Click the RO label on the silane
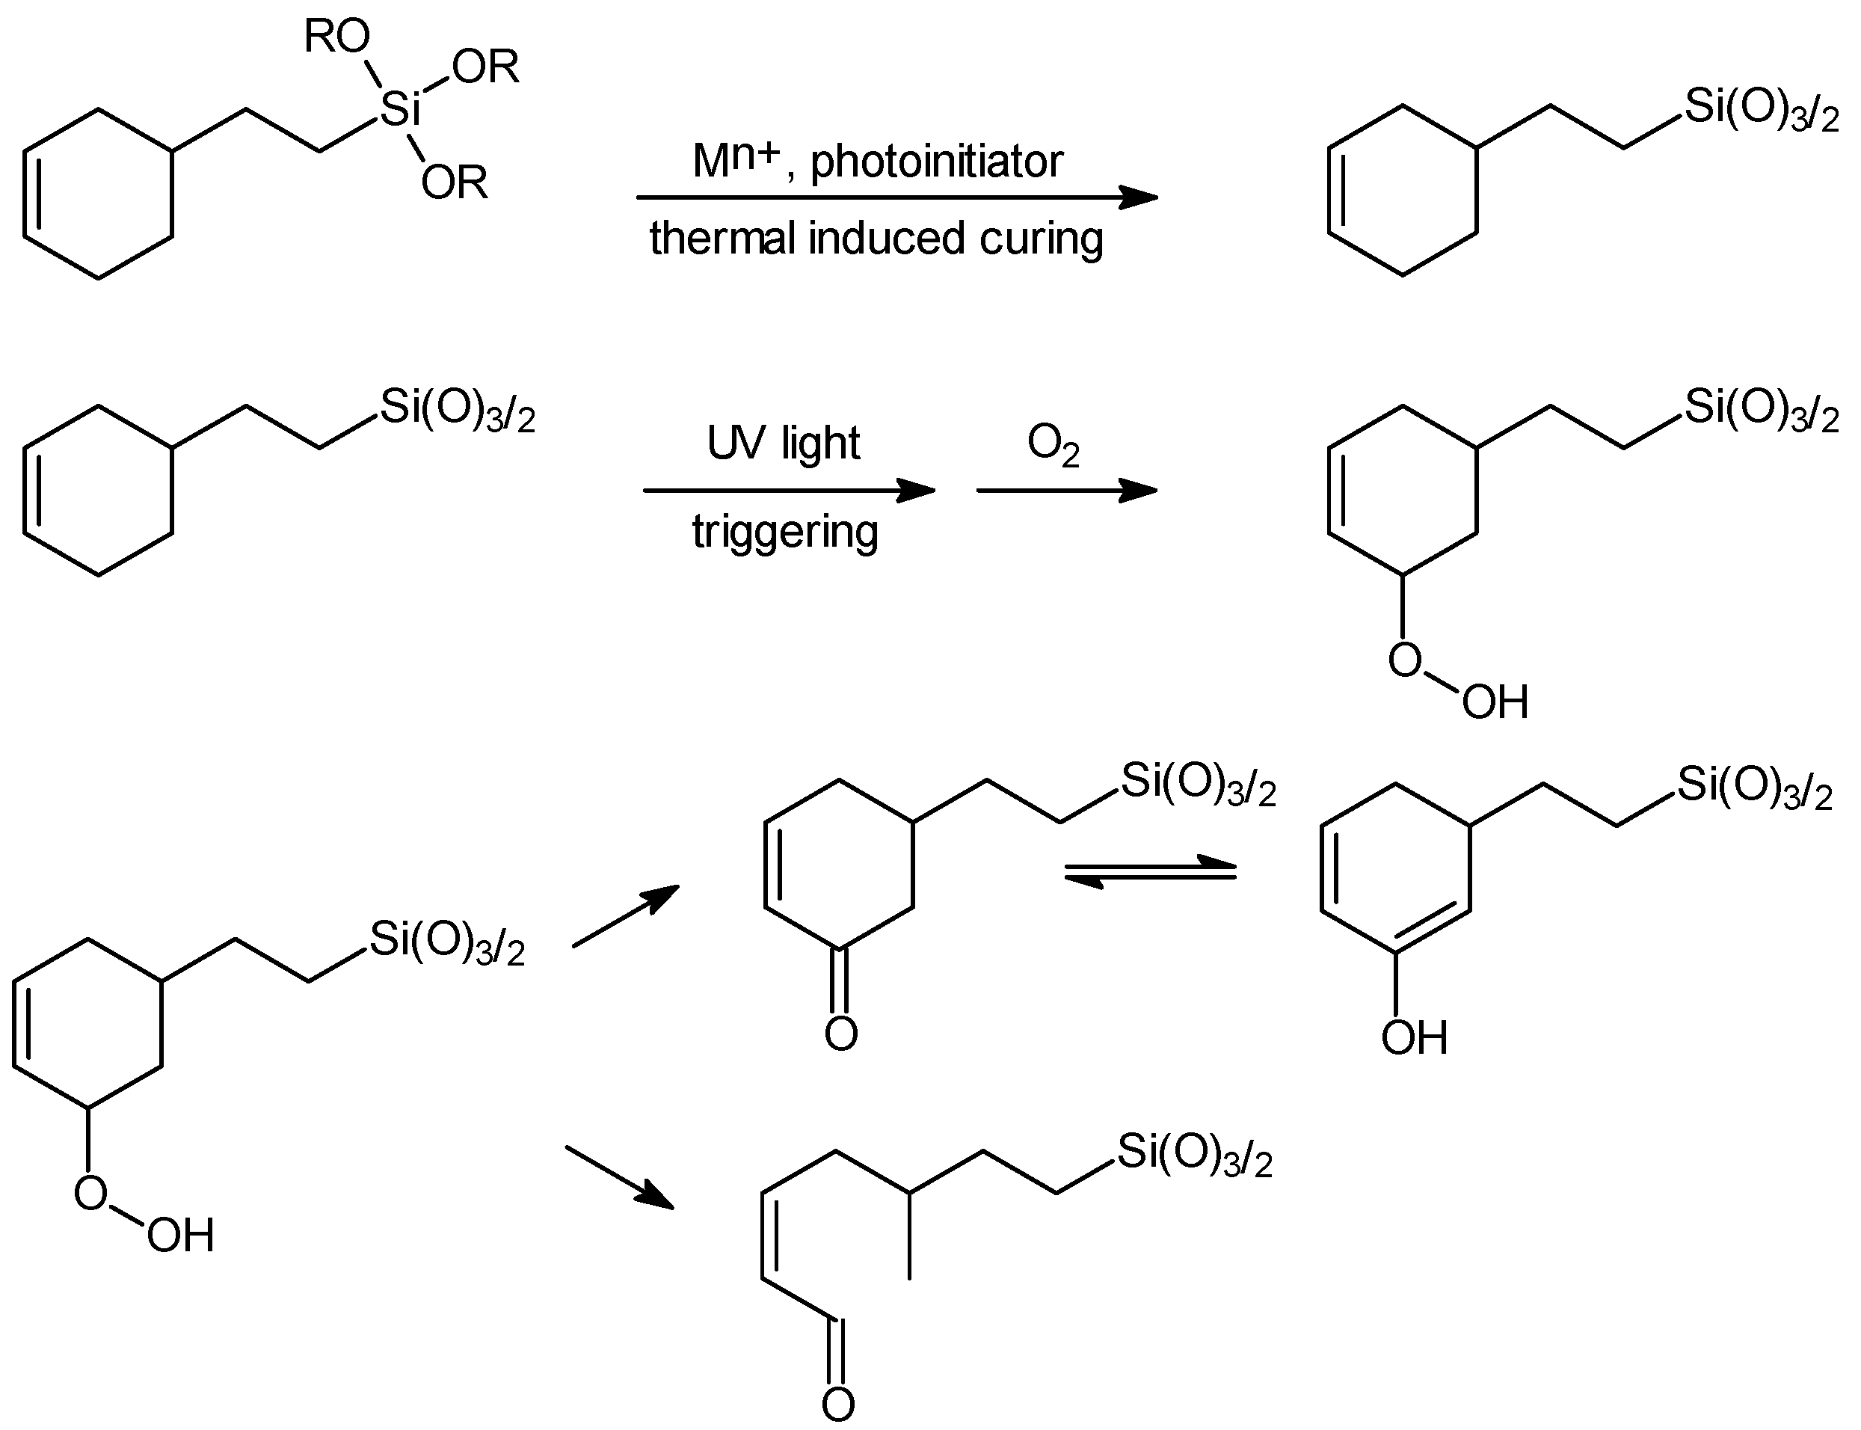[x=337, y=37]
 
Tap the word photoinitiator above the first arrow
[x=936, y=162]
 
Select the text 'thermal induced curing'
[x=876, y=239]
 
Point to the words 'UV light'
[x=784, y=443]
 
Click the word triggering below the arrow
[x=784, y=532]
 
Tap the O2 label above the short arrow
[x=1053, y=444]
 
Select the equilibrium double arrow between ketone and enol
[x=1150, y=871]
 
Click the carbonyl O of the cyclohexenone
[x=840, y=1034]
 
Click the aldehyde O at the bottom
[x=838, y=1405]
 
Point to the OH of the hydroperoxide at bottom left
[x=180, y=1235]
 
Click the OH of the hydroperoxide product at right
[x=1495, y=702]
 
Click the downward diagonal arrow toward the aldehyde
[x=620, y=1177]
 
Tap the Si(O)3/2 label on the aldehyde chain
[x=1194, y=1154]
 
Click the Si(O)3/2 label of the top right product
[x=1762, y=110]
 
